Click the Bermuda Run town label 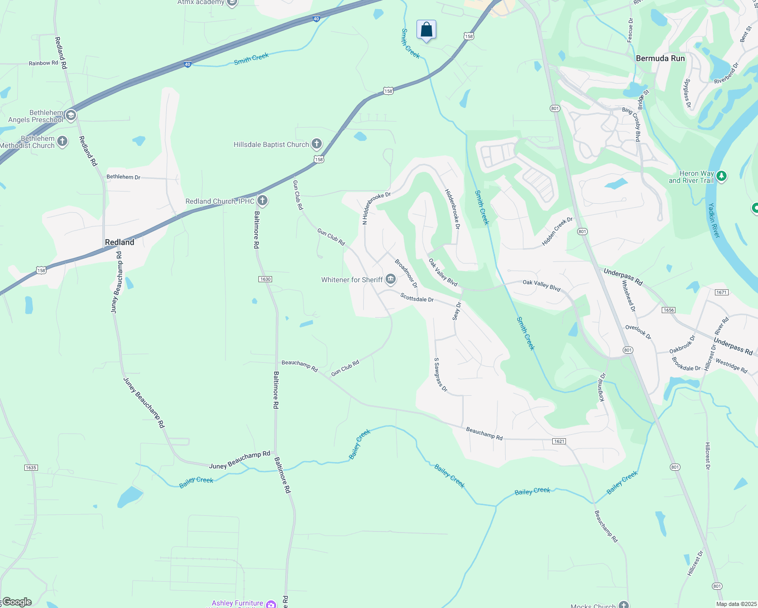click(660, 58)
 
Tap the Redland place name click(120, 242)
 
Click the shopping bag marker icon click(427, 29)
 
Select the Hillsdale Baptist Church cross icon click(317, 144)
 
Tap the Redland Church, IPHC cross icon click(262, 201)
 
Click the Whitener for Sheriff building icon click(390, 279)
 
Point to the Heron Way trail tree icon click(722, 176)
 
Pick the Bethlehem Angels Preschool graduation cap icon click(71, 116)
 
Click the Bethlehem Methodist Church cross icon click(62, 141)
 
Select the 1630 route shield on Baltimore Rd click(265, 279)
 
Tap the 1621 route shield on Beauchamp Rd click(559, 441)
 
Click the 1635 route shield click(31, 467)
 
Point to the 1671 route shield click(722, 292)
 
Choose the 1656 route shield click(668, 310)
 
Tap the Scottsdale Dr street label click(417, 298)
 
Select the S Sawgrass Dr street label click(440, 375)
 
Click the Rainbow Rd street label click(44, 63)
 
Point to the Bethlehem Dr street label click(123, 177)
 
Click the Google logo click(17, 602)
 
